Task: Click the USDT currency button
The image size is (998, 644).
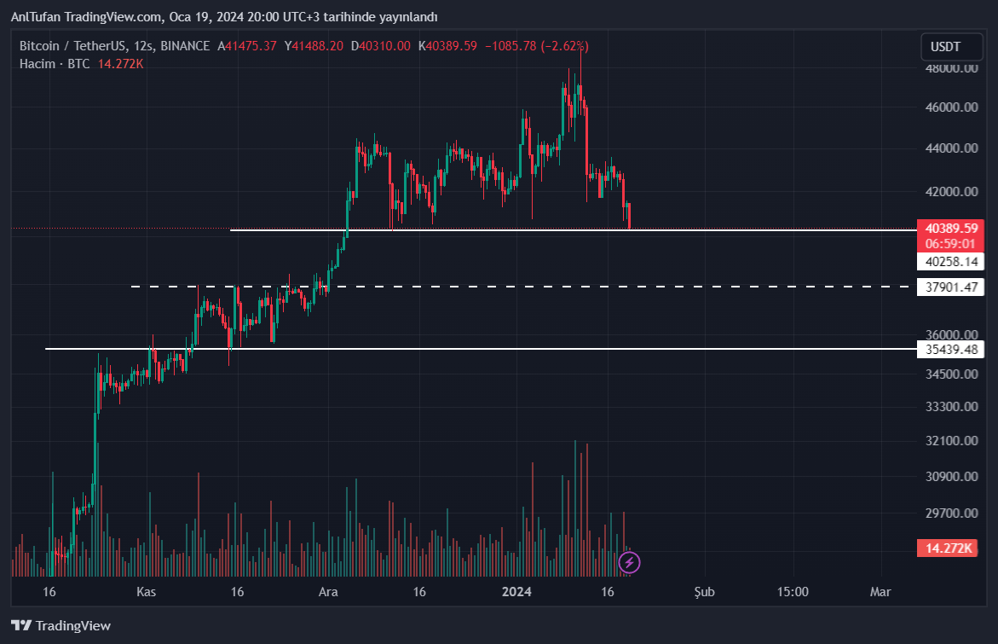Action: (945, 47)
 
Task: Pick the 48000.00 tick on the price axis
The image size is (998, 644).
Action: (951, 69)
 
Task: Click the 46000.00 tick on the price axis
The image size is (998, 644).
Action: (951, 107)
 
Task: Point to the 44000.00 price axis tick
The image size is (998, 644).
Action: (951, 148)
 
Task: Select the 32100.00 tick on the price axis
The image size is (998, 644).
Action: (951, 441)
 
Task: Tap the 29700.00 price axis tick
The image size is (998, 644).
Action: (951, 513)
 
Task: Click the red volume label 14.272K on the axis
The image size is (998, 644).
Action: (947, 548)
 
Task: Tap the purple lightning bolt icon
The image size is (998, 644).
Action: (629, 562)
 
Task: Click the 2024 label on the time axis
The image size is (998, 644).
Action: (516, 592)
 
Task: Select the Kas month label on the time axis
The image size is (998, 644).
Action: (147, 592)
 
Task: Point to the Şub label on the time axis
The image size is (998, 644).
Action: (704, 592)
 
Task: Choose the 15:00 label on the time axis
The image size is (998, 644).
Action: (793, 592)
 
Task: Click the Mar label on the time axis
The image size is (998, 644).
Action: (880, 592)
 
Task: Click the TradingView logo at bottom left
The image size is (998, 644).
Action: (61, 626)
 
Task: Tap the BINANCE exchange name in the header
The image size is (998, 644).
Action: (185, 46)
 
